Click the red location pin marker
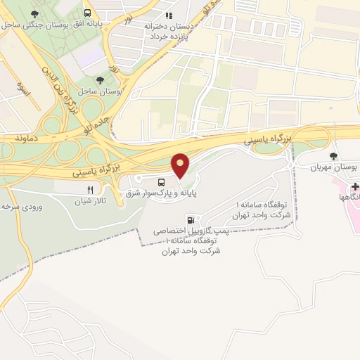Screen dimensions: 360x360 click(181, 165)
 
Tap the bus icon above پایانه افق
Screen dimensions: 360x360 click(87, 13)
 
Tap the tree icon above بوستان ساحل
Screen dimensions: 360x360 click(99, 79)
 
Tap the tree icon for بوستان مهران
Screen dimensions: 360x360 click(333, 155)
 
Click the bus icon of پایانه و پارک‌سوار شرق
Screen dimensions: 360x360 click(153, 182)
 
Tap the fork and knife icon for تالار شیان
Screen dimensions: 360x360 click(89, 190)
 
